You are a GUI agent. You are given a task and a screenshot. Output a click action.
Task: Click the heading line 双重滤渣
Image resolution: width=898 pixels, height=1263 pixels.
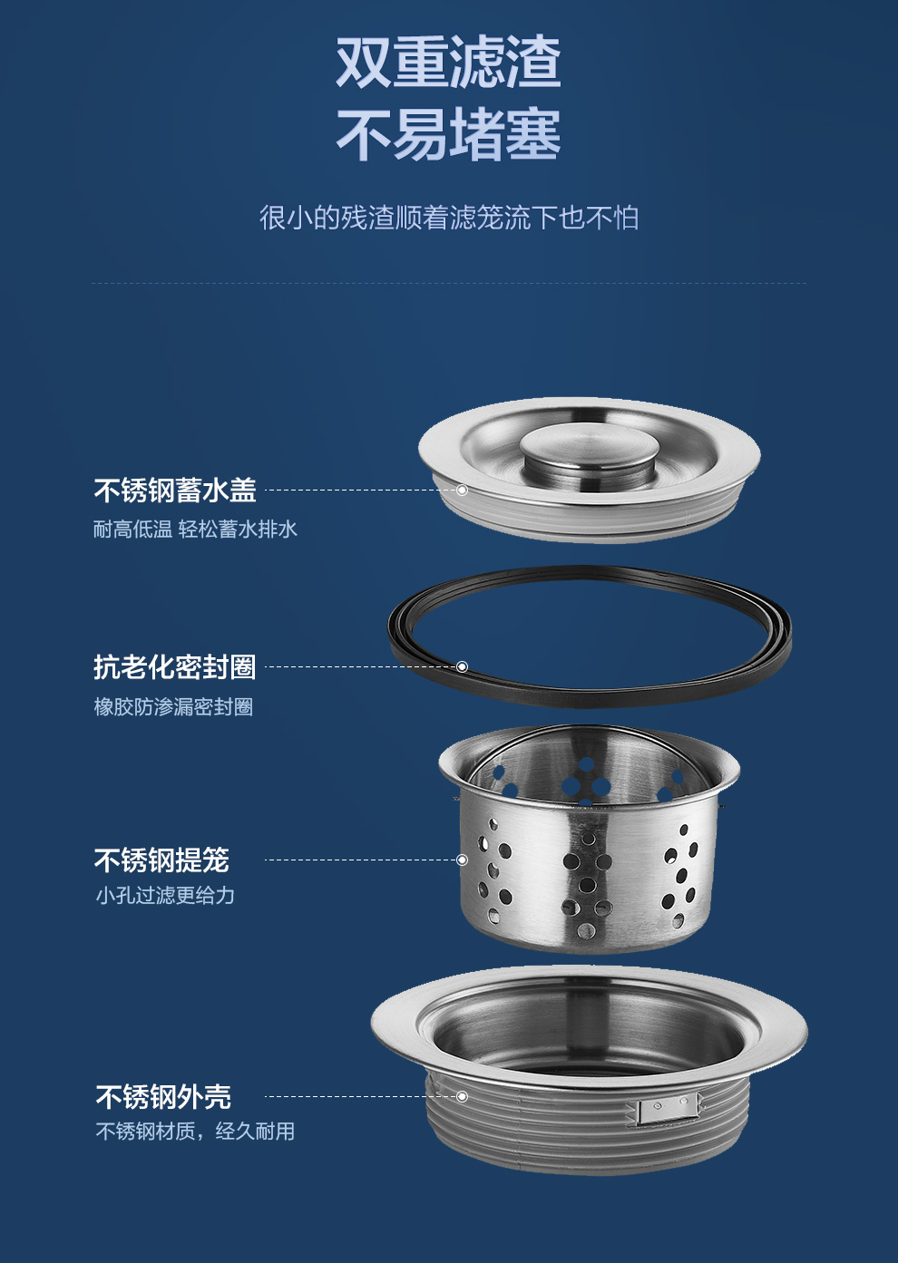pyautogui.click(x=448, y=61)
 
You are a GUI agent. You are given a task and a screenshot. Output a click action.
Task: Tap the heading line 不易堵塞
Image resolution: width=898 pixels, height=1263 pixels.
pyautogui.click(x=448, y=134)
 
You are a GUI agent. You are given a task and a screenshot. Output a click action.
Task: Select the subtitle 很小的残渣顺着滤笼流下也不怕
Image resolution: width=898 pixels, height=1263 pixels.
pyautogui.click(x=449, y=218)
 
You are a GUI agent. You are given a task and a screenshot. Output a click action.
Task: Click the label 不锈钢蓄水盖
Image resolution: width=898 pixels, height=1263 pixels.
pyautogui.click(x=175, y=490)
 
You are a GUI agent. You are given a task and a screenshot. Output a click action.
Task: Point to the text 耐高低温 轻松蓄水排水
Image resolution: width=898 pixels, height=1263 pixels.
pyautogui.click(x=195, y=529)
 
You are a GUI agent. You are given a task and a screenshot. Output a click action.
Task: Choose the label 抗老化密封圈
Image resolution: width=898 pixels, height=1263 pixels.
pyautogui.click(x=175, y=667)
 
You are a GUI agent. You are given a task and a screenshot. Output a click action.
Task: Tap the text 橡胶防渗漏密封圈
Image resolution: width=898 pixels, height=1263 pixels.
pyautogui.click(x=174, y=706)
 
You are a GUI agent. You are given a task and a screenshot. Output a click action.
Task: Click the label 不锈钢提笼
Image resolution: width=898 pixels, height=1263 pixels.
pyautogui.click(x=161, y=860)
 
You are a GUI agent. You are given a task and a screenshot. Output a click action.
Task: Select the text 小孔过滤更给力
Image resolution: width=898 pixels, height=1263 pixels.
pyautogui.click(x=165, y=896)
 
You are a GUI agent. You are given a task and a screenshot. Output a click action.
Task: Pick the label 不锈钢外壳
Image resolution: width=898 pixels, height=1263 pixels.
pyautogui.click(x=163, y=1097)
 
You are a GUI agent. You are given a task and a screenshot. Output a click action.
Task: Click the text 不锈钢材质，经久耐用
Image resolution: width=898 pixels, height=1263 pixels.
pyautogui.click(x=195, y=1131)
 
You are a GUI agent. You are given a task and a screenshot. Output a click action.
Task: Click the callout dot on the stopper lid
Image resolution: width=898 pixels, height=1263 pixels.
pyautogui.click(x=462, y=490)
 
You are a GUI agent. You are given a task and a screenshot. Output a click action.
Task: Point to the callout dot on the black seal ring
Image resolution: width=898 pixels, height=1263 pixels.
pyautogui.click(x=462, y=667)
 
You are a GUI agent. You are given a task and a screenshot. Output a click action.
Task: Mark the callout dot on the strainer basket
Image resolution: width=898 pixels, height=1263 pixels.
pyautogui.click(x=462, y=860)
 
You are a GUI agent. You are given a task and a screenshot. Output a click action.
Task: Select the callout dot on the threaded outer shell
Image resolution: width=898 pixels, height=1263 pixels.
pyautogui.click(x=462, y=1097)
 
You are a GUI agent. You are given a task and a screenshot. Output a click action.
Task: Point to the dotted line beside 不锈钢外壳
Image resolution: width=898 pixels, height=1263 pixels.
pyautogui.click(x=360, y=1097)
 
